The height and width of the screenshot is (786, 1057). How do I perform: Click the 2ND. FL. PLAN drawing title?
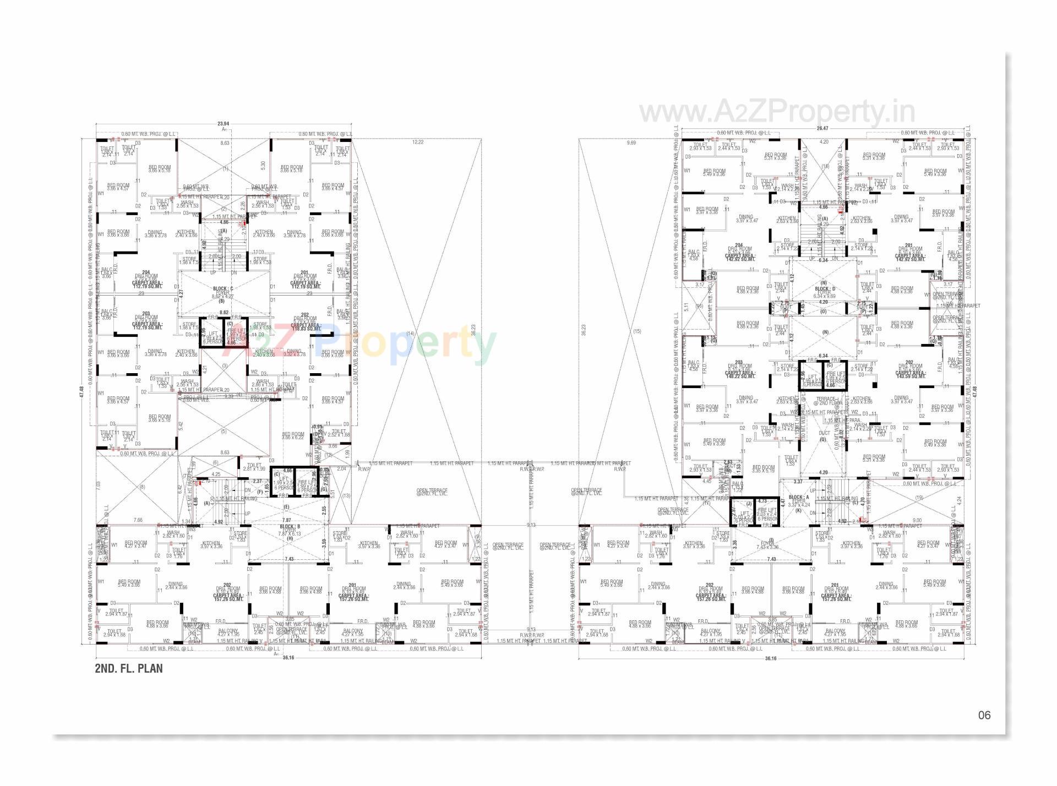129,669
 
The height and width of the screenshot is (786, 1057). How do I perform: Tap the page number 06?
984,715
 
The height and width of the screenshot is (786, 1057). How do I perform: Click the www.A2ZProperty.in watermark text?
777,112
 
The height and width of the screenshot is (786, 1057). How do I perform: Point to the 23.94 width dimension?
224,124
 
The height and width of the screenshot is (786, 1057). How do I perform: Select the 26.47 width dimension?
822,128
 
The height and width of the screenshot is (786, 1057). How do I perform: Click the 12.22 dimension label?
418,143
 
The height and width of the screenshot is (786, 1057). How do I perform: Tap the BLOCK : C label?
223,288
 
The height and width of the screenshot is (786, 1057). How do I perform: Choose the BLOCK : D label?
825,288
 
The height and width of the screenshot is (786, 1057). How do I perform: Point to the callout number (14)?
410,333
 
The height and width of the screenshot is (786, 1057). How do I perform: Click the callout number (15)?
638,331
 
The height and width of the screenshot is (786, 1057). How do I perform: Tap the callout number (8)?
142,487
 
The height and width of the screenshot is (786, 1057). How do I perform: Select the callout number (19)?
919,498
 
